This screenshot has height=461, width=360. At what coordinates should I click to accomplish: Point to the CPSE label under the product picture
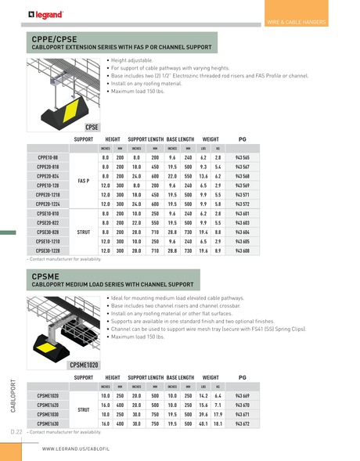[92, 126]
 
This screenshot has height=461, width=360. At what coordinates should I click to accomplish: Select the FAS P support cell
[83, 180]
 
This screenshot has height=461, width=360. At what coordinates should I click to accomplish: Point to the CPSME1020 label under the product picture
[83, 365]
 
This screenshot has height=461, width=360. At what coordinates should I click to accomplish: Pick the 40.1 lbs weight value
[203, 423]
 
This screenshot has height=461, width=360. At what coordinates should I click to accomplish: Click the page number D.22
[16, 431]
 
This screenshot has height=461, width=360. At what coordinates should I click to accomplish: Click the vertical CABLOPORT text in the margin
[13, 396]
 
